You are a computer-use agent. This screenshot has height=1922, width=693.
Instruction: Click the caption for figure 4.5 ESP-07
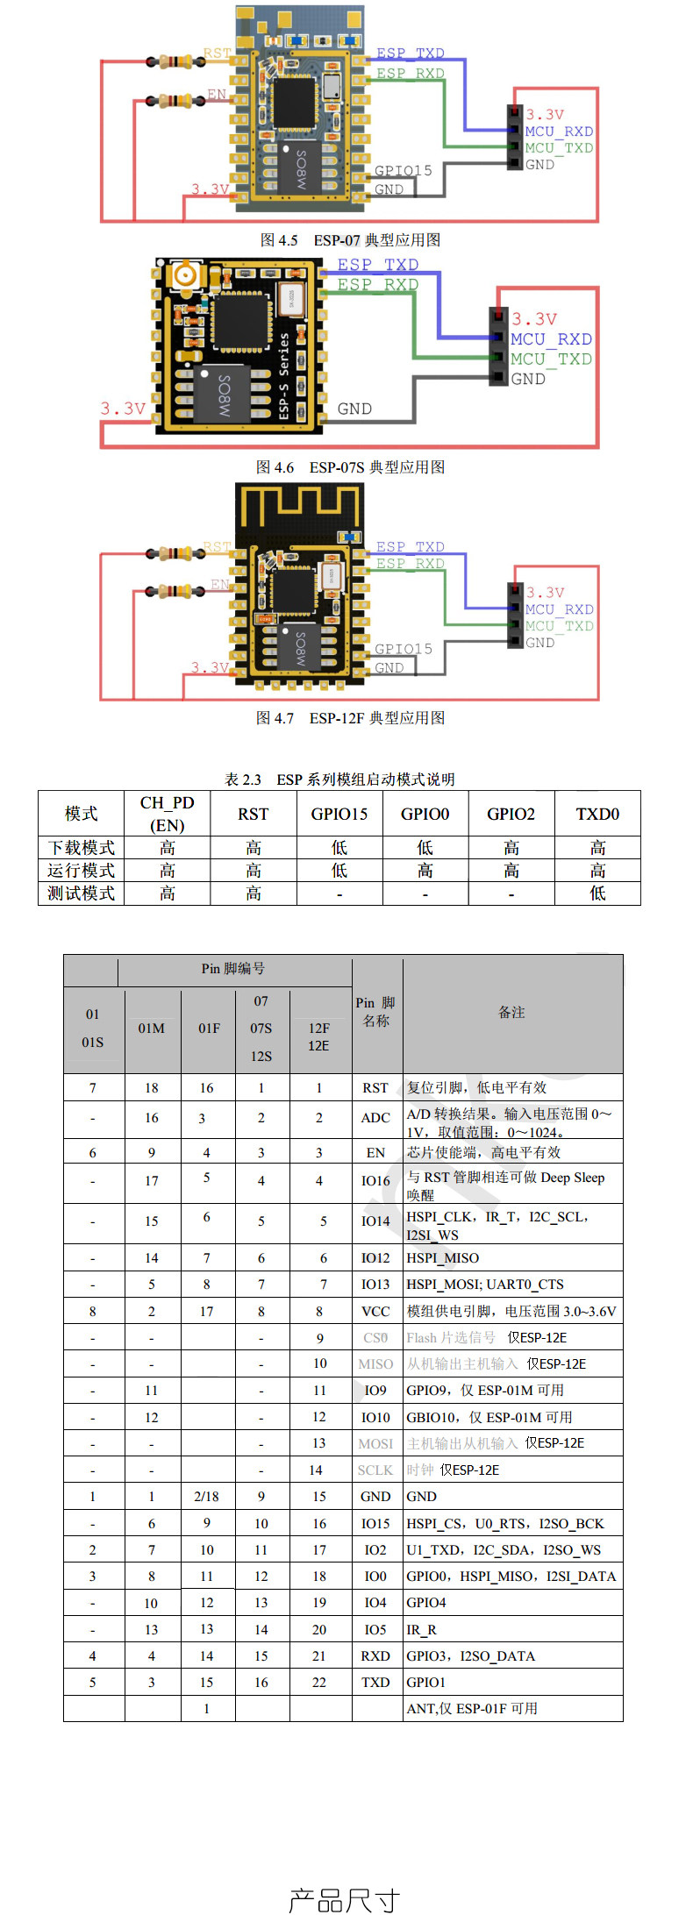pyautogui.click(x=350, y=240)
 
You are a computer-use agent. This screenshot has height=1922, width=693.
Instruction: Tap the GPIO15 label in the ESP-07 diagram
pyautogui.click(x=403, y=171)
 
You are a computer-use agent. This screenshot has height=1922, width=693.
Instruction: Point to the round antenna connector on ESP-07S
pyautogui.click(x=185, y=276)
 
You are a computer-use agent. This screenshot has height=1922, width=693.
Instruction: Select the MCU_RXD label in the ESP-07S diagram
pyautogui.click(x=551, y=339)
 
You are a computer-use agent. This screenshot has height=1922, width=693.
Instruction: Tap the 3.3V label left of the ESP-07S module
pyautogui.click(x=122, y=409)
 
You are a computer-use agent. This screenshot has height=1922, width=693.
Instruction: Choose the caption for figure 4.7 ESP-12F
pyautogui.click(x=350, y=718)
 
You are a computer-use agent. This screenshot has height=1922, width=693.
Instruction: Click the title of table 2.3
pyautogui.click(x=339, y=779)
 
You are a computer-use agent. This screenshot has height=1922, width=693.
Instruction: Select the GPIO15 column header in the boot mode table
pyautogui.click(x=339, y=814)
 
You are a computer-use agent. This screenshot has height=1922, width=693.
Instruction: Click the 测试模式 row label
pyautogui.click(x=81, y=893)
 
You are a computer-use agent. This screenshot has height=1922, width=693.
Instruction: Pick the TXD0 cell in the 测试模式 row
pyautogui.click(x=597, y=893)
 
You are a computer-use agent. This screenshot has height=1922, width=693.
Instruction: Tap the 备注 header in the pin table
pyautogui.click(x=512, y=1013)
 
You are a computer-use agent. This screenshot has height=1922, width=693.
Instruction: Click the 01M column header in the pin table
pyautogui.click(x=152, y=1029)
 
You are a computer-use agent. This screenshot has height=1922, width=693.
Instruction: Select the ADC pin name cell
pyautogui.click(x=375, y=1118)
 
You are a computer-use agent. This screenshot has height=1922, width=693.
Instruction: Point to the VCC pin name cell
pyautogui.click(x=375, y=1312)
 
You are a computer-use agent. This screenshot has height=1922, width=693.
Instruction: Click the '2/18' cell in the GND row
pyautogui.click(x=207, y=1497)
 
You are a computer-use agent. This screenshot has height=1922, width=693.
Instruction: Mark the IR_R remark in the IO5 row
pyautogui.click(x=421, y=1630)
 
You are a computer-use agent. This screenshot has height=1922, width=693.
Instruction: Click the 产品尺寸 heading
pyautogui.click(x=345, y=1900)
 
